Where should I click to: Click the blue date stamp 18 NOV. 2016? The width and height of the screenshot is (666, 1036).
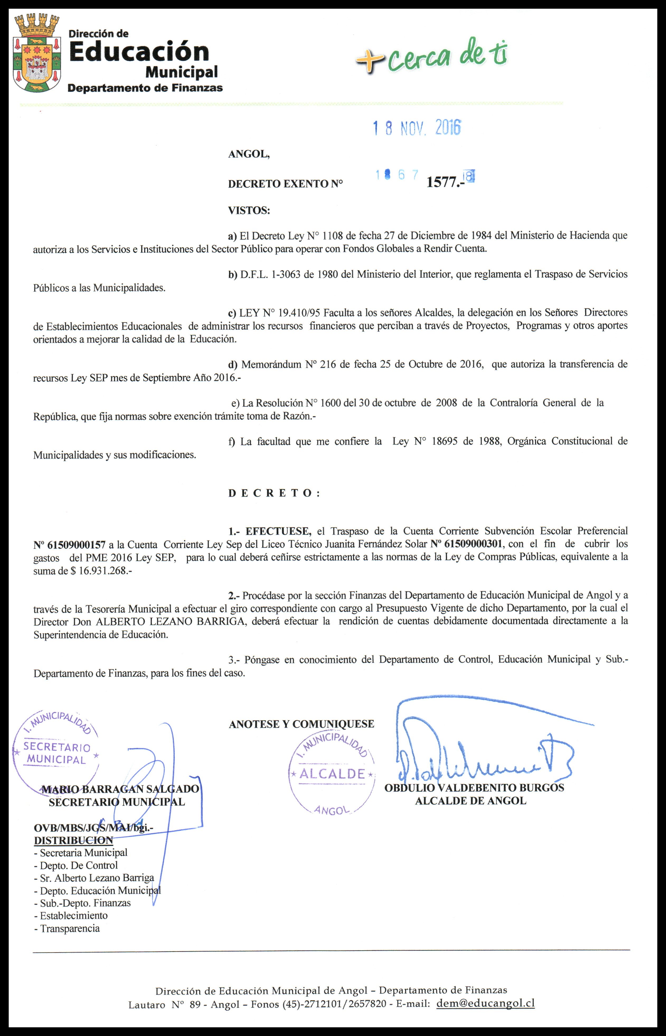coord(417,128)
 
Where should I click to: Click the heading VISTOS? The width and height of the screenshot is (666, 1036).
coord(249,211)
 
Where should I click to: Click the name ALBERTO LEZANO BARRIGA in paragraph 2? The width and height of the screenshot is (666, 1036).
coord(170,622)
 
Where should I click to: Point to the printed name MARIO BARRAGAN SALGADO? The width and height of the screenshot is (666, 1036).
coord(120,789)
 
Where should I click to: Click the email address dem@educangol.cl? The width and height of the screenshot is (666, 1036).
coord(485,1003)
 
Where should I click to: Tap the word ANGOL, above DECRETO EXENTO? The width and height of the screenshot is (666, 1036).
coord(249,154)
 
